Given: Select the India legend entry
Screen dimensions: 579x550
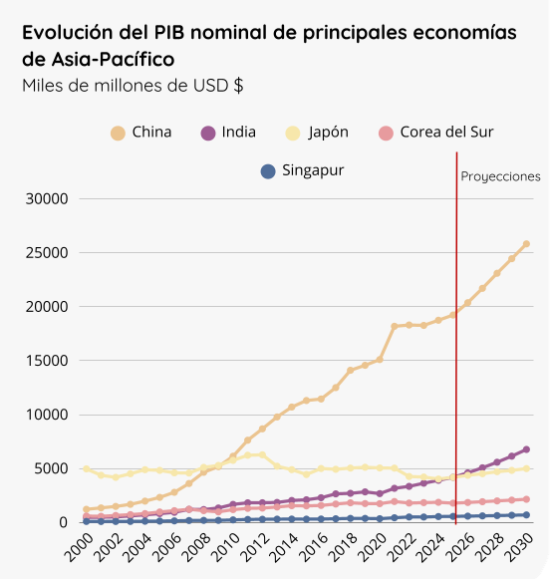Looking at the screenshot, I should [228, 133].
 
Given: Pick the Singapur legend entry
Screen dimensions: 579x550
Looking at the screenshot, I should [302, 171].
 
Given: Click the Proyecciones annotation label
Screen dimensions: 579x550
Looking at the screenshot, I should [500, 176].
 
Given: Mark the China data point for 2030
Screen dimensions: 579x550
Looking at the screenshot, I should [526, 243].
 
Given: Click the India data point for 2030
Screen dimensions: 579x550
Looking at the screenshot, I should [526, 449].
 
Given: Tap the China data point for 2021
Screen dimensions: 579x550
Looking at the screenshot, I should [395, 326].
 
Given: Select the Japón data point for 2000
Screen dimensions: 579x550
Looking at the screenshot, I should [87, 468].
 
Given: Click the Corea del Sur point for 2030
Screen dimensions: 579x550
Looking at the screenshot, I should [526, 499].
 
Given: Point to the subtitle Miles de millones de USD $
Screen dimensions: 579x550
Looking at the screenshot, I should [133, 86].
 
